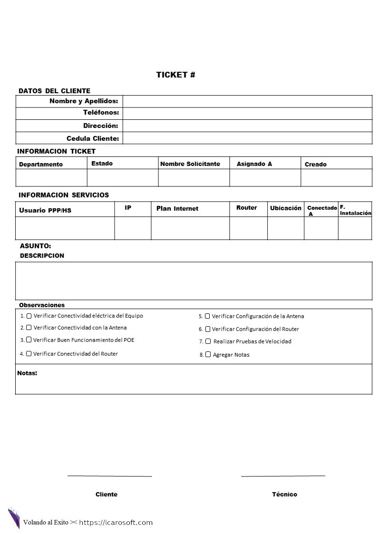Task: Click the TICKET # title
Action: coord(175,75)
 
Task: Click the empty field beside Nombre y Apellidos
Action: coord(247,101)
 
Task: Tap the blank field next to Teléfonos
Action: coord(247,113)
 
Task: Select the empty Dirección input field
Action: coord(247,126)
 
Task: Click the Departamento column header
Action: coord(41,165)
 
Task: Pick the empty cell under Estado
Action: coord(123,178)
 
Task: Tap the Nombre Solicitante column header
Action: coord(190,164)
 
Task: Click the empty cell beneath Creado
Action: coord(336,178)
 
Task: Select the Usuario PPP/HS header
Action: coord(45,210)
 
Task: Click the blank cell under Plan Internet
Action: coord(190,228)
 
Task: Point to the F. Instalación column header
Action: coord(355,210)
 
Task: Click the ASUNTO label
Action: coord(35,246)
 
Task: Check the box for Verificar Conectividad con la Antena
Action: coord(29,328)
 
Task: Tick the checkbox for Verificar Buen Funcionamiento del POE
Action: coord(29,340)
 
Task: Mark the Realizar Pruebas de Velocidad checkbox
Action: coord(208,341)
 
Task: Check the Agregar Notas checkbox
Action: coord(208,354)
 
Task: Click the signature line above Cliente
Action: coord(109,476)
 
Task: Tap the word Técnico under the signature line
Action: coord(284,495)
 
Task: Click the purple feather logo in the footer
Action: coord(13,518)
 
